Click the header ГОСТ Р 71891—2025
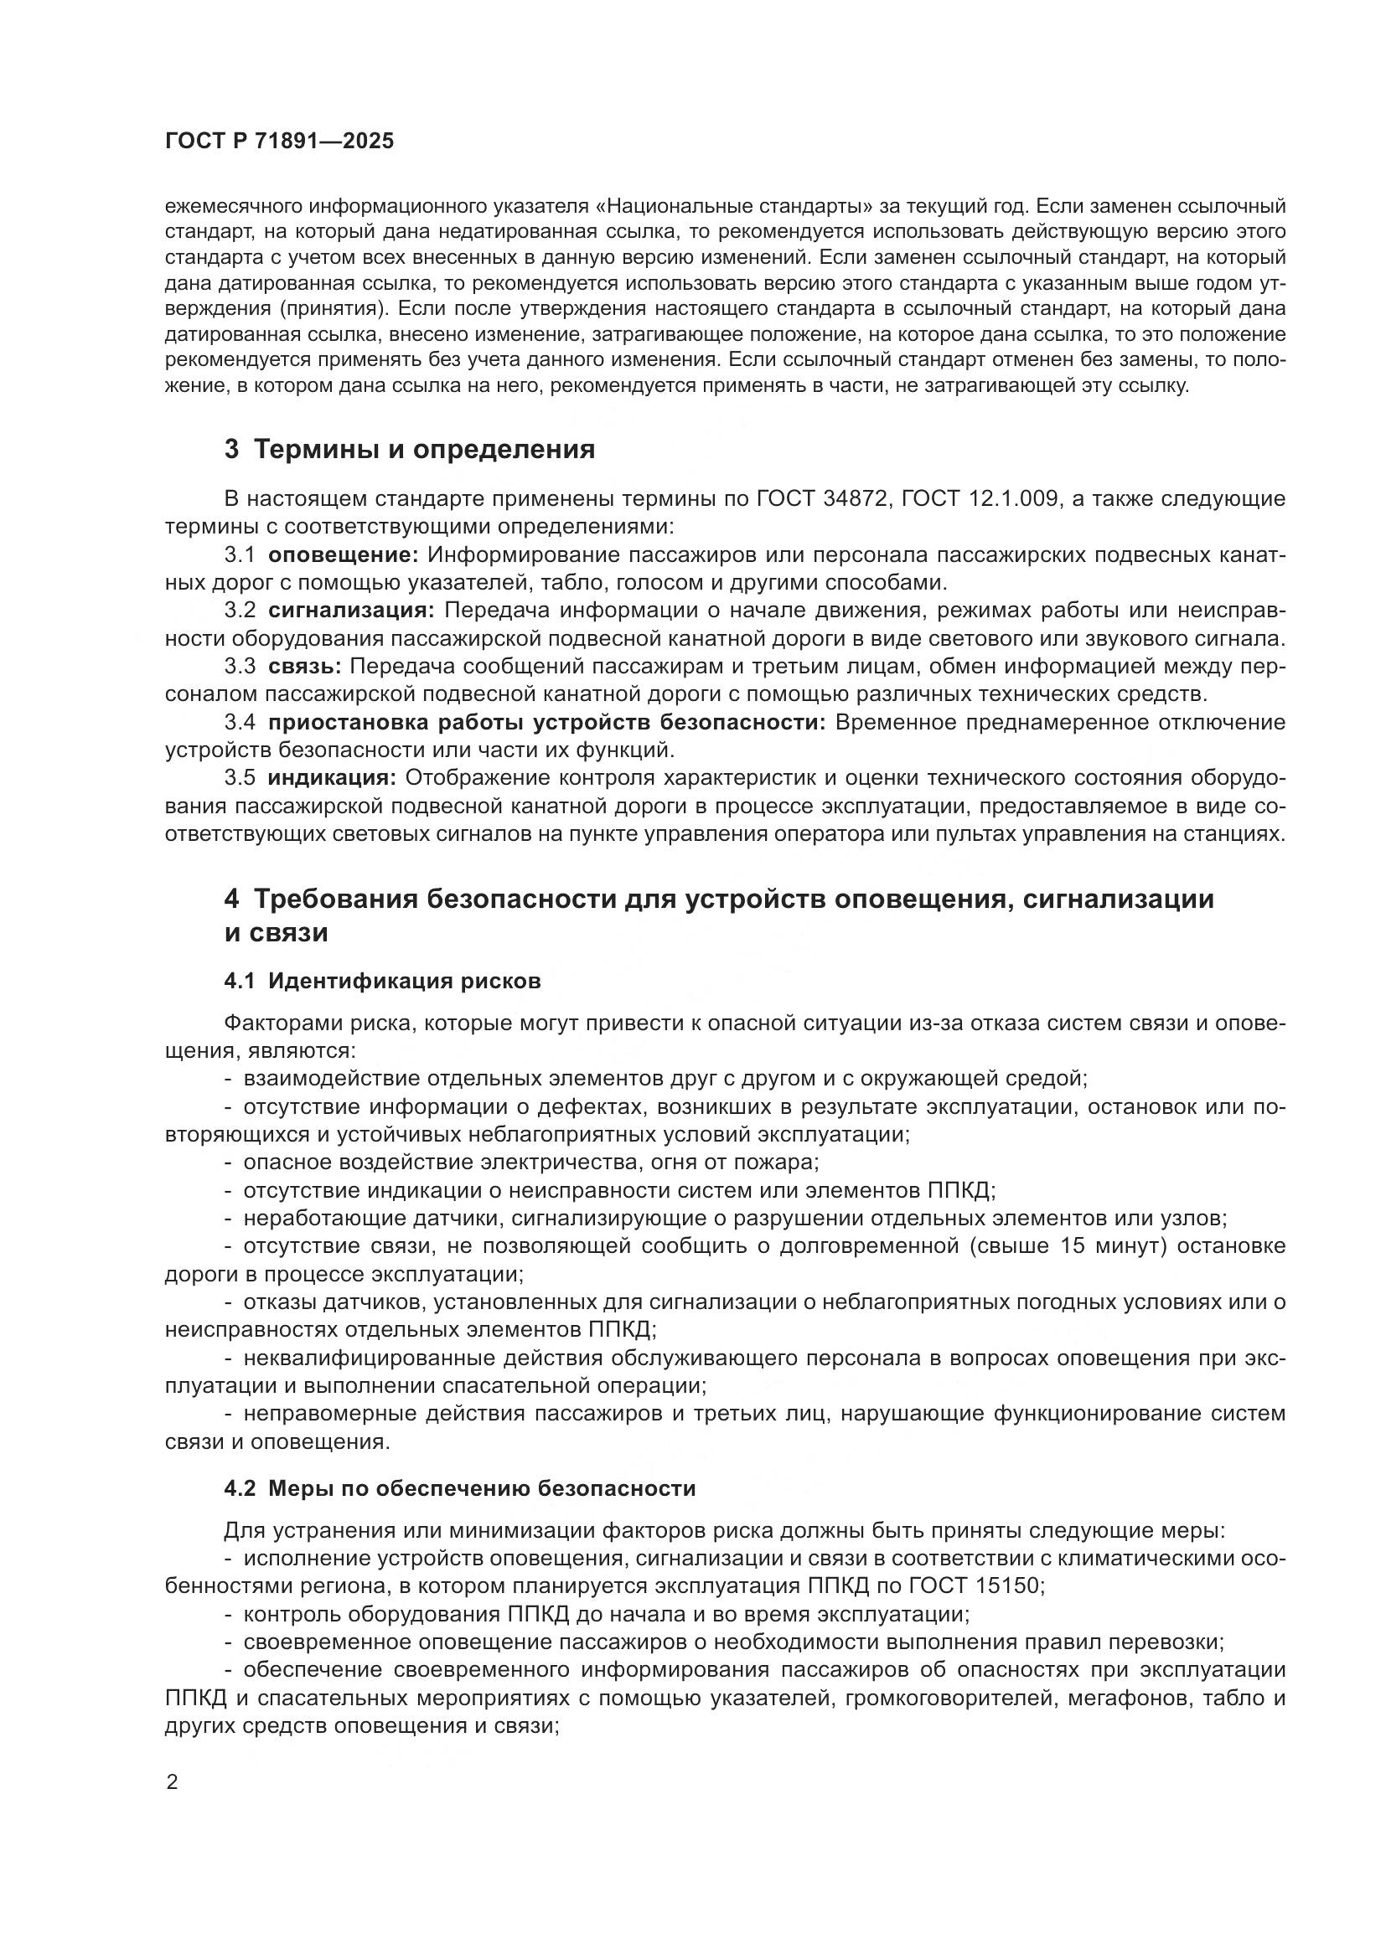(x=279, y=142)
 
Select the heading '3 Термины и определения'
(x=410, y=450)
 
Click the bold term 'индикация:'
(x=332, y=778)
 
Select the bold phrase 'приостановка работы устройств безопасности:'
(x=546, y=723)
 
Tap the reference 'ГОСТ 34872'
(x=821, y=498)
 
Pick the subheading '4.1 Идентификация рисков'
(x=382, y=982)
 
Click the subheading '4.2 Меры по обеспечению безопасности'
(x=460, y=1489)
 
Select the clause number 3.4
(x=240, y=723)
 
